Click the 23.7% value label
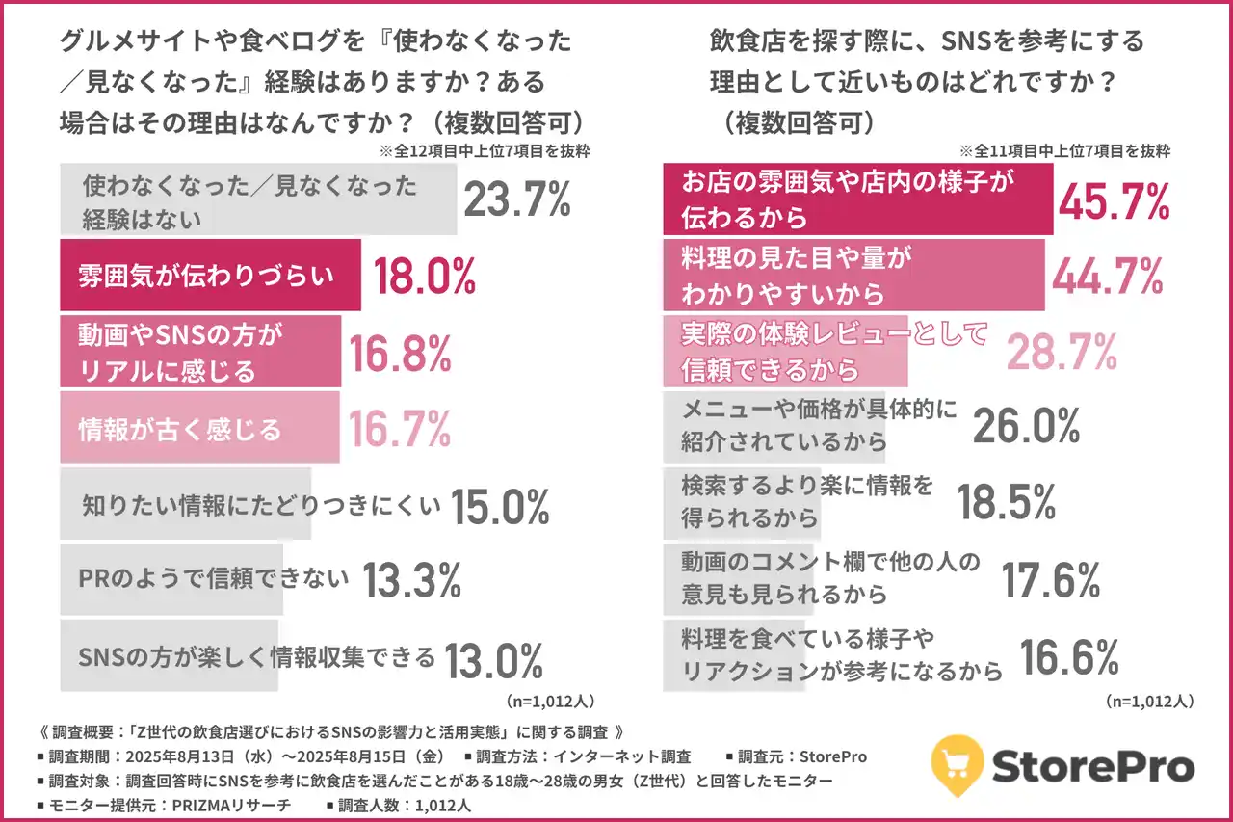[x=517, y=201]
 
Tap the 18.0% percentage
[x=424, y=277]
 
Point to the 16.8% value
[x=400, y=354]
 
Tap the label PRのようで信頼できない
[x=213, y=579]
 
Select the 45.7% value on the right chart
[x=1115, y=200]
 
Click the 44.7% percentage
[x=1107, y=278]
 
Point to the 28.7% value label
[x=1062, y=353]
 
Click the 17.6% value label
[x=1051, y=579]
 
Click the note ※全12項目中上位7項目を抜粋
[x=485, y=151]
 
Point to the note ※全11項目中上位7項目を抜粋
[x=1064, y=151]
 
